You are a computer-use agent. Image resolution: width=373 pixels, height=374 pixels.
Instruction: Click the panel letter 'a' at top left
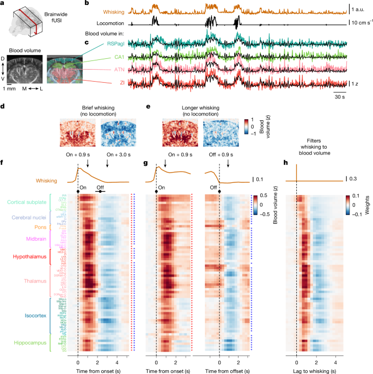point(3,4)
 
